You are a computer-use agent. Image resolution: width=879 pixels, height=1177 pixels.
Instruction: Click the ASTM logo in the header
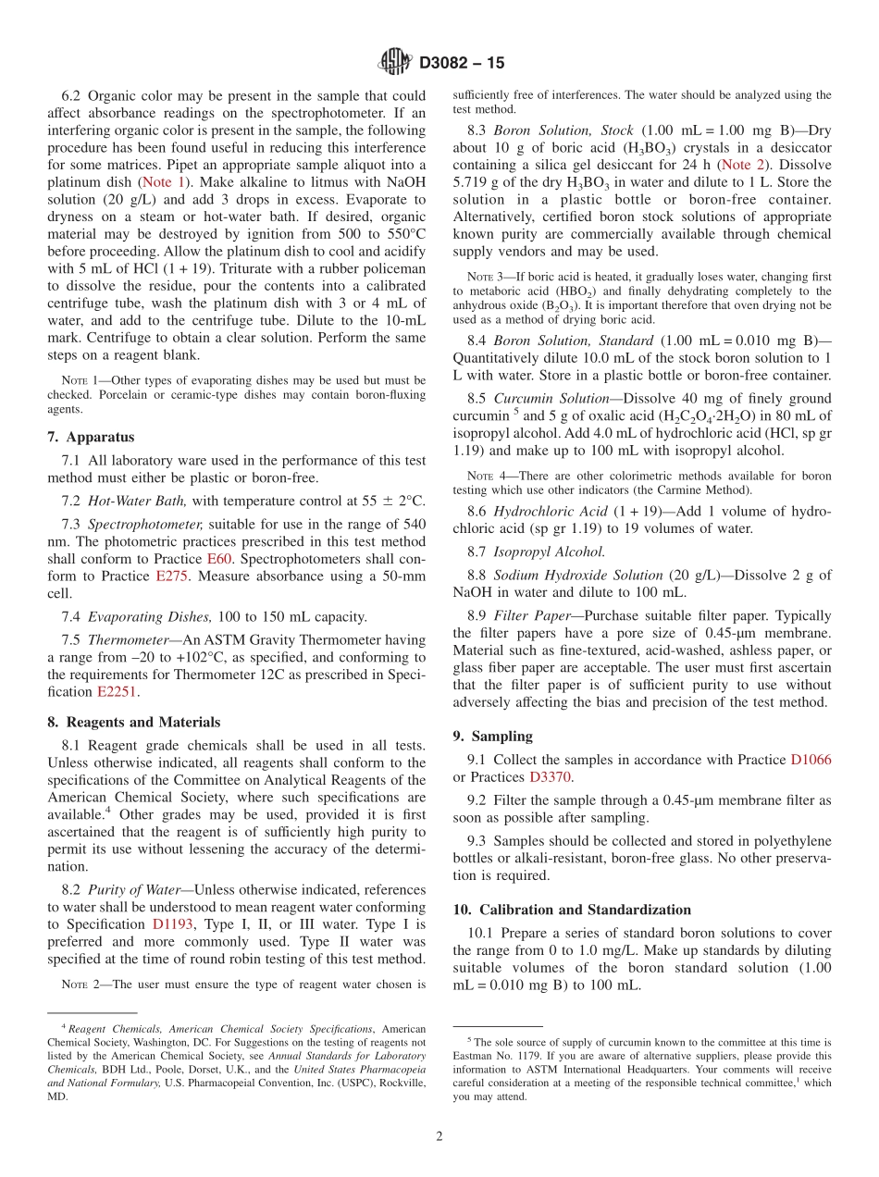tap(395, 63)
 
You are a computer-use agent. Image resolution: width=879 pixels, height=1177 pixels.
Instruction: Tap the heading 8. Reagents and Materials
tap(134, 723)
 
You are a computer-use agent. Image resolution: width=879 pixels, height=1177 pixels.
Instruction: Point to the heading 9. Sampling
tap(492, 737)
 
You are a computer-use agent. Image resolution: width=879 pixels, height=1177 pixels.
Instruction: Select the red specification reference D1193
tap(174, 924)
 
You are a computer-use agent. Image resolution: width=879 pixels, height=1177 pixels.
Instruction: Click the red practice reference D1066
tap(811, 760)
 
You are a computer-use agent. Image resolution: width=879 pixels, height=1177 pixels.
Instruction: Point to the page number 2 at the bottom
tap(439, 1137)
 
